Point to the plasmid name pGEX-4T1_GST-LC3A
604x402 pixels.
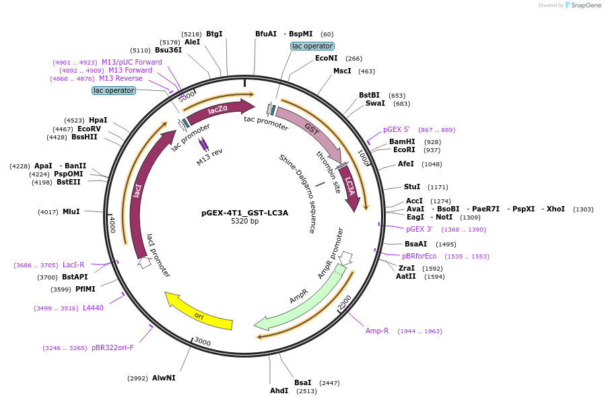pyautogui.click(x=244, y=213)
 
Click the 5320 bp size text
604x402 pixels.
pyautogui.click(x=244, y=221)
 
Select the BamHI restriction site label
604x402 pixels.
pyautogui.click(x=403, y=142)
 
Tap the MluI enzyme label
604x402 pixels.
pyautogui.click(x=71, y=211)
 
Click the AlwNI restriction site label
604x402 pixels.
pyautogui.click(x=164, y=378)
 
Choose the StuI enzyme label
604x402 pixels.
pyautogui.click(x=411, y=187)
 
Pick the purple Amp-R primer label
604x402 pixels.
pyautogui.click(x=377, y=331)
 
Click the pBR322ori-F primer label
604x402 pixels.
pyautogui.click(x=112, y=348)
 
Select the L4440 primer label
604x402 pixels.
pyautogui.click(x=93, y=308)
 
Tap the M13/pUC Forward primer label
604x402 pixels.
pyautogui.click(x=132, y=62)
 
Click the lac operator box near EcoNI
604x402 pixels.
pyautogui.click(x=312, y=46)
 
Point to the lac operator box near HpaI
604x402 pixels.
pyautogui.click(x=114, y=90)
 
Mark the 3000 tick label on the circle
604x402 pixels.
pyautogui.click(x=202, y=342)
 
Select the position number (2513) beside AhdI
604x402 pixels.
pyautogui.click(x=306, y=391)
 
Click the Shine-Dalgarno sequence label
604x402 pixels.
pyautogui.click(x=298, y=193)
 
